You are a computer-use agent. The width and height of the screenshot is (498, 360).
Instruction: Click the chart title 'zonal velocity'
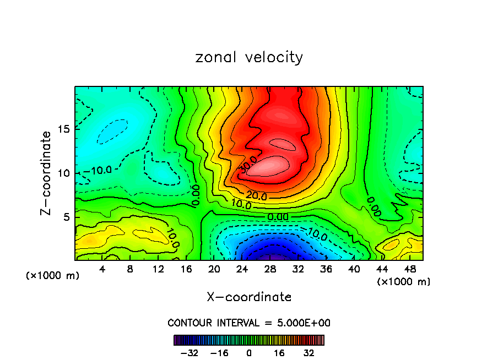pyautogui.click(x=249, y=57)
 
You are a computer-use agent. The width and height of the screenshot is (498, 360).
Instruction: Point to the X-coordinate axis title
pyautogui.click(x=249, y=297)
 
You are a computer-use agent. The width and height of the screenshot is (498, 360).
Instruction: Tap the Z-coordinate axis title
pyautogui.click(x=47, y=173)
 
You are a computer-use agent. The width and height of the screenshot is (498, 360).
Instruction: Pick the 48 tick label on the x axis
pyautogui.click(x=409, y=269)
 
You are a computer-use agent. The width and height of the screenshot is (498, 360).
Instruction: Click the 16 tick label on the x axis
pyautogui.click(x=186, y=269)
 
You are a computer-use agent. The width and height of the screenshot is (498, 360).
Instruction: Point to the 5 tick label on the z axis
pyautogui.click(x=66, y=217)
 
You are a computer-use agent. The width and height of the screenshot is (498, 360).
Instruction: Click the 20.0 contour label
pyautogui.click(x=256, y=196)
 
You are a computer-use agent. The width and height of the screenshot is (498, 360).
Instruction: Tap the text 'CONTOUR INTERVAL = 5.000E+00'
pyautogui.click(x=249, y=323)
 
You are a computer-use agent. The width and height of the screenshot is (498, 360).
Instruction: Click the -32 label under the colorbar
pyautogui.click(x=190, y=352)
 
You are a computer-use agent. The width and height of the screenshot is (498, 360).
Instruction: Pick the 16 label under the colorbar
pyautogui.click(x=279, y=352)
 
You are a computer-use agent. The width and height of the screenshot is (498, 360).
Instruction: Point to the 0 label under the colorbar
pyautogui.click(x=249, y=352)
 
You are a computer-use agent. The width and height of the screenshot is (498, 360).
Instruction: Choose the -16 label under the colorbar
pyautogui.click(x=219, y=352)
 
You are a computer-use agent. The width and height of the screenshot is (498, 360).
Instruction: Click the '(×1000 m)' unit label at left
pyautogui.click(x=53, y=276)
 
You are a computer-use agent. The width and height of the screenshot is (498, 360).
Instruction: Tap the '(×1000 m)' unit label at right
pyautogui.click(x=404, y=282)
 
